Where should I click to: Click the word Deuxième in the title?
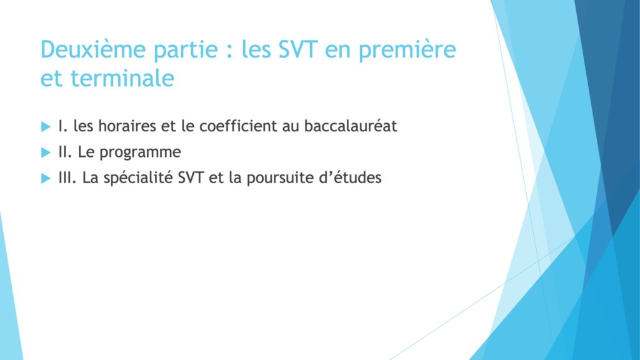click(93, 49)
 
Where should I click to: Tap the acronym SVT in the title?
click(298, 49)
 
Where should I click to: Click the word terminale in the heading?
click(122, 77)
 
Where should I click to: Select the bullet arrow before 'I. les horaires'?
click(46, 126)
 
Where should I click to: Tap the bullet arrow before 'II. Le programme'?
click(46, 152)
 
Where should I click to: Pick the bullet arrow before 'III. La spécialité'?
click(46, 178)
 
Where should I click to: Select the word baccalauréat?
click(351, 126)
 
